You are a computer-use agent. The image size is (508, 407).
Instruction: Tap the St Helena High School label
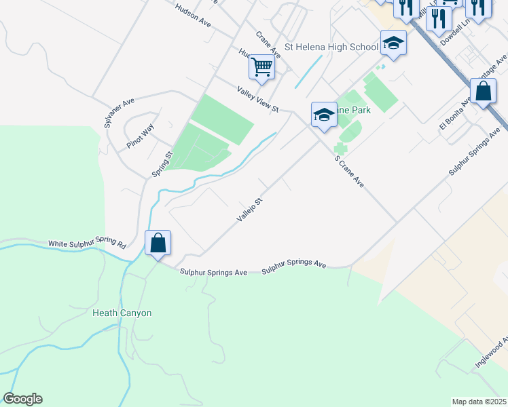click(x=331, y=47)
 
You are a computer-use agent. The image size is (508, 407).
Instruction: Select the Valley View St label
click(x=258, y=99)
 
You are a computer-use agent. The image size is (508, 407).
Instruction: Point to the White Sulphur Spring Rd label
click(x=87, y=244)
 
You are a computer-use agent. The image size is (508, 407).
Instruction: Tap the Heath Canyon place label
click(x=122, y=313)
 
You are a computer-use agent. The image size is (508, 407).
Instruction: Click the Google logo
click(x=22, y=399)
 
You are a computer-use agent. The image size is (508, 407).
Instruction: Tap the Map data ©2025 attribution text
click(x=479, y=401)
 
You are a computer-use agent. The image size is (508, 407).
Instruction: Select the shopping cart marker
click(x=261, y=66)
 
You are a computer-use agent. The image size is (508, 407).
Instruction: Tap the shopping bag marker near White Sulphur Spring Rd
click(x=158, y=244)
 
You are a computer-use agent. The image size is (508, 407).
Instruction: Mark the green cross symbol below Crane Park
click(x=340, y=149)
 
